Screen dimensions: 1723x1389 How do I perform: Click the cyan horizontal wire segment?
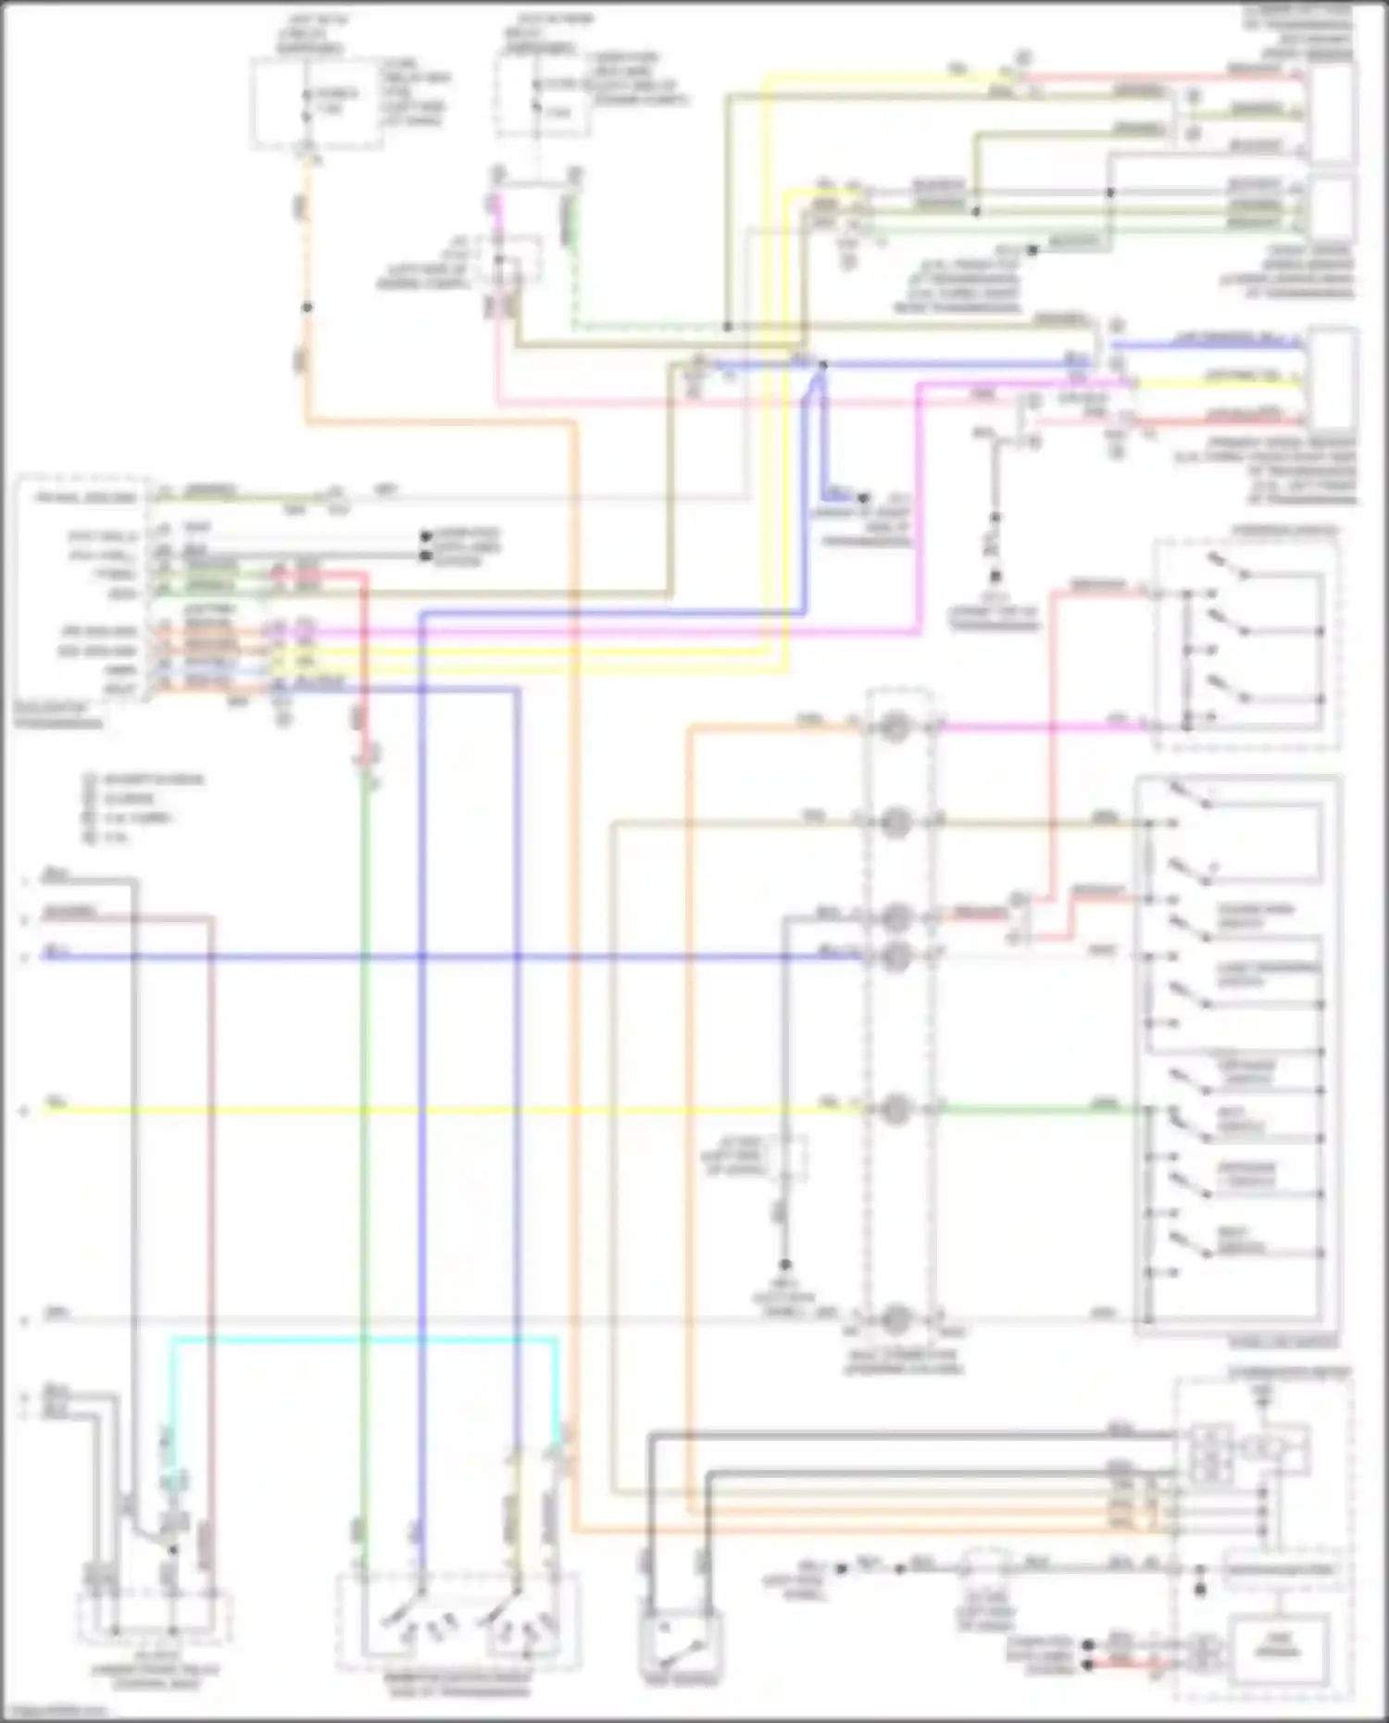click(361, 1339)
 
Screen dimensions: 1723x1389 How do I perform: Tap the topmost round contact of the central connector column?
click(895, 728)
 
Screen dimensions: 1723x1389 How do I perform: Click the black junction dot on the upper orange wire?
click(307, 307)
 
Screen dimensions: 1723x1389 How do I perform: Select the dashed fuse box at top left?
click(315, 102)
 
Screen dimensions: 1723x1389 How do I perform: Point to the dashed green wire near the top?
click(648, 327)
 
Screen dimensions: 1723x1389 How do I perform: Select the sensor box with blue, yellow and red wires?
click(1333, 380)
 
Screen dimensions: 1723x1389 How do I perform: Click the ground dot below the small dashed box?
click(784, 1265)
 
